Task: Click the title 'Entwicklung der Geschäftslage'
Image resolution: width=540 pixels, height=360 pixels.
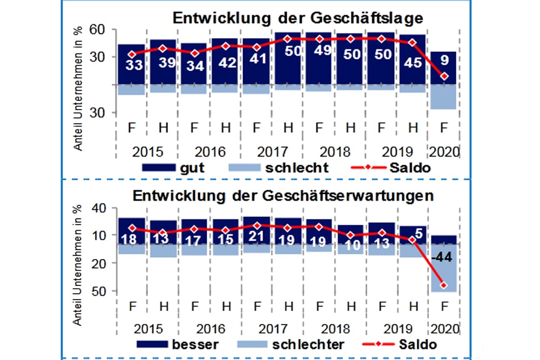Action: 297,17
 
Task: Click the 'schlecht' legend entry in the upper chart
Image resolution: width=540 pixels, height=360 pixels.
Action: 296,168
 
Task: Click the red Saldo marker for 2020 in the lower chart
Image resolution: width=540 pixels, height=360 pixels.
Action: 444,285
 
